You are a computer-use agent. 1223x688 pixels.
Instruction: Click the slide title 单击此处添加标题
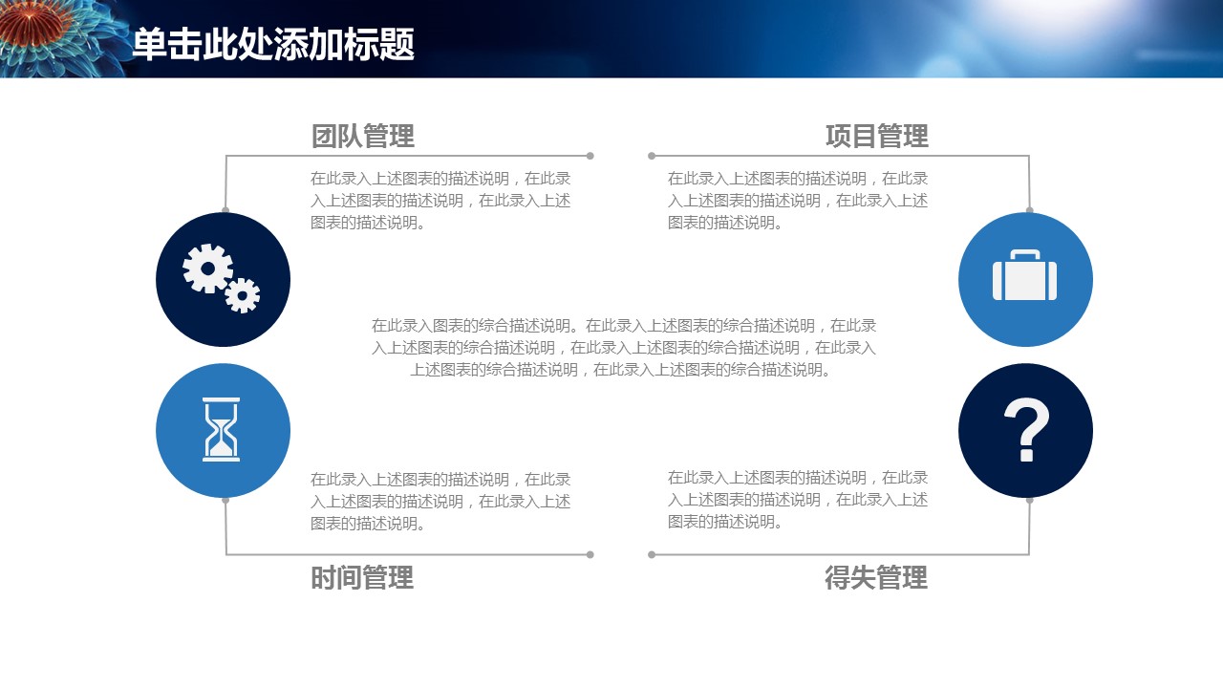(273, 44)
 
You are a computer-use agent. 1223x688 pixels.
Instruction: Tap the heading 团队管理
(363, 136)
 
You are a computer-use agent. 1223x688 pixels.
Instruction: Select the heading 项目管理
(877, 136)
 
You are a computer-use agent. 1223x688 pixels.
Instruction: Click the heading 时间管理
(362, 578)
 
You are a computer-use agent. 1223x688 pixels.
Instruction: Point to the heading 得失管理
(876, 578)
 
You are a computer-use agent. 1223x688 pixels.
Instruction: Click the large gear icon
(207, 269)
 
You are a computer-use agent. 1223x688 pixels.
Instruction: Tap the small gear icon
(243, 295)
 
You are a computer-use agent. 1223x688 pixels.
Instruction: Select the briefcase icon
(1025, 275)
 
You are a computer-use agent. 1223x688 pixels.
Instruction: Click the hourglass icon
(221, 430)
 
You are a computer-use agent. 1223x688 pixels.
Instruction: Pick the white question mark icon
(1026, 430)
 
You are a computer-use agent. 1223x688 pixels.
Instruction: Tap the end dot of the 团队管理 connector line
(590, 156)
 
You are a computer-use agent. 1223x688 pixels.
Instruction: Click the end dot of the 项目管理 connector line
(652, 156)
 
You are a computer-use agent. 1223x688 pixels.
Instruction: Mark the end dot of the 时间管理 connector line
(590, 555)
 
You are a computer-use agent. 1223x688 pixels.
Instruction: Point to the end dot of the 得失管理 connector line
(652, 555)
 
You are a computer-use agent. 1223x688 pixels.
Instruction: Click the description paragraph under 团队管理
(440, 201)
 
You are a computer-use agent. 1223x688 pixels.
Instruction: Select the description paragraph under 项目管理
(798, 201)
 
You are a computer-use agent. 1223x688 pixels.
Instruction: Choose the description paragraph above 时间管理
(440, 502)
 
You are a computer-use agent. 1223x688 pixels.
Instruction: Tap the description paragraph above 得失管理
(798, 500)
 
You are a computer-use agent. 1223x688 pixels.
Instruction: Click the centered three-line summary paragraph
(624, 348)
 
